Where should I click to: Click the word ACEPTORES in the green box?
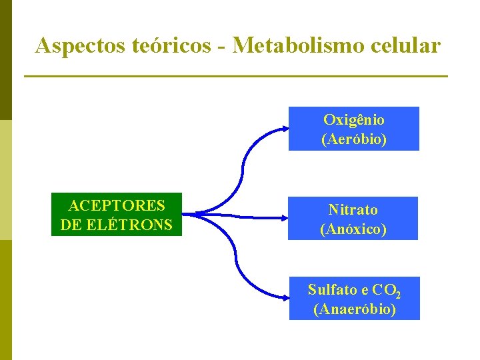pyautogui.click(x=117, y=205)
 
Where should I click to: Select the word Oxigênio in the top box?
pyautogui.click(x=354, y=120)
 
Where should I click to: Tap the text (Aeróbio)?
pyautogui.click(x=354, y=139)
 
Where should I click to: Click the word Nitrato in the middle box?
pyautogui.click(x=353, y=209)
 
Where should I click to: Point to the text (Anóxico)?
pyautogui.click(x=353, y=229)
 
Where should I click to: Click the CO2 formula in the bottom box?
pyautogui.click(x=387, y=290)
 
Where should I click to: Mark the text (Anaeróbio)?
pyautogui.click(x=355, y=309)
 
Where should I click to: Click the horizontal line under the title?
pyautogui.click(x=235, y=77)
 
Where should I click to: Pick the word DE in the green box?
pyautogui.click(x=69, y=225)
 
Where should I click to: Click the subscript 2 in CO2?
pyautogui.click(x=397, y=293)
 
